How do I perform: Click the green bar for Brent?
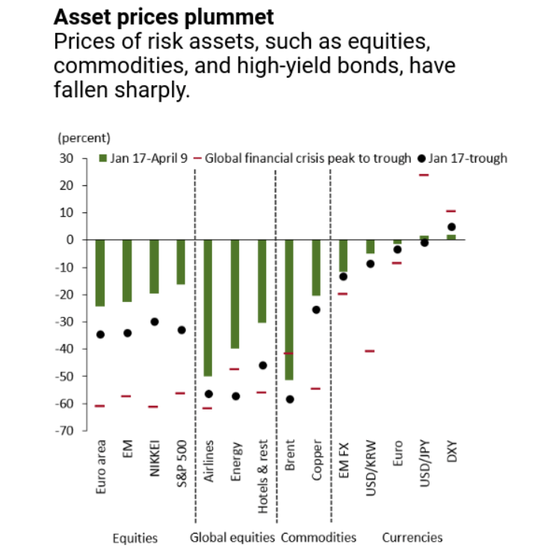pyautogui.click(x=289, y=309)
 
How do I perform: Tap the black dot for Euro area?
pyautogui.click(x=101, y=334)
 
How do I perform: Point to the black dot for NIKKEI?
pyautogui.click(x=155, y=321)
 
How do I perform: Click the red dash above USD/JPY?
pyautogui.click(x=424, y=175)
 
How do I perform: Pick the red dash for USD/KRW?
pyautogui.click(x=370, y=350)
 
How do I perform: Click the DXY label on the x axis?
pyautogui.click(x=451, y=457)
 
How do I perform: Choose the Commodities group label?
pyautogui.click(x=318, y=537)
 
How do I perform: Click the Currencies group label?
pyautogui.click(x=412, y=537)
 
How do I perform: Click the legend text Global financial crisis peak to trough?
pyautogui.click(x=307, y=158)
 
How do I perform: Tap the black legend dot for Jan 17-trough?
pyautogui.click(x=422, y=158)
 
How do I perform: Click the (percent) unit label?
pyautogui.click(x=84, y=138)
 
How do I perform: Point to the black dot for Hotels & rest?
pyautogui.click(x=262, y=365)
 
